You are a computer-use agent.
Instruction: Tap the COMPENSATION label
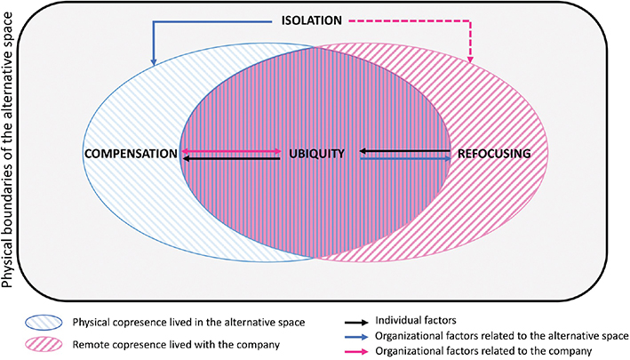131,154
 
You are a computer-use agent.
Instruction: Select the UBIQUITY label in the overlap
315,154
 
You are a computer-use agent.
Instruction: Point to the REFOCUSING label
494,154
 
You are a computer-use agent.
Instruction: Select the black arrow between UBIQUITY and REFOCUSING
404,151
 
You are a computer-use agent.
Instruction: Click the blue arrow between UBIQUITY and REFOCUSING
404,158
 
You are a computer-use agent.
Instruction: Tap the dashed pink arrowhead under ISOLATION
471,59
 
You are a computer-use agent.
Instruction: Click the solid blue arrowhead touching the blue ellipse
155,60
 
